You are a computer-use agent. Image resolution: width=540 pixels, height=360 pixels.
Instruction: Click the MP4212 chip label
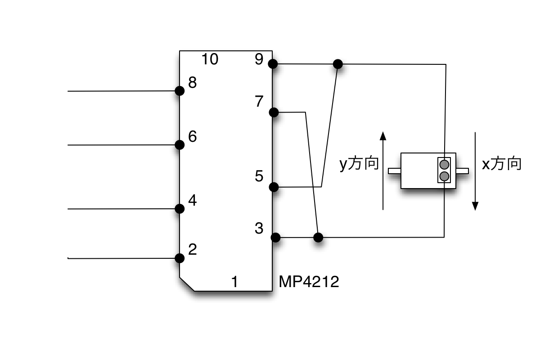pyautogui.click(x=309, y=281)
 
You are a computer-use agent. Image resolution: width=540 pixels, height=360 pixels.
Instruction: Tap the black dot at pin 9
pyautogui.click(x=273, y=64)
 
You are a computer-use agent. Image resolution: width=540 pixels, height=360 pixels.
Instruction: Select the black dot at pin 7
pyautogui.click(x=274, y=112)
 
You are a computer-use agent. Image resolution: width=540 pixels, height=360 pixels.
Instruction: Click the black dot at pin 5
pyautogui.click(x=274, y=187)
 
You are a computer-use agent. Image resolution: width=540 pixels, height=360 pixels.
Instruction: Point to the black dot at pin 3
pyautogui.click(x=275, y=238)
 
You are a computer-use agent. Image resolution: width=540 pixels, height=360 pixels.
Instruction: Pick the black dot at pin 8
pyautogui.click(x=180, y=91)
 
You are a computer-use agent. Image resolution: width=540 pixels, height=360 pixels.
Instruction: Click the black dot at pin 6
pyautogui.click(x=180, y=145)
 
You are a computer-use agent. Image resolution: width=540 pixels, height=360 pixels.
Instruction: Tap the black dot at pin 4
pyautogui.click(x=180, y=209)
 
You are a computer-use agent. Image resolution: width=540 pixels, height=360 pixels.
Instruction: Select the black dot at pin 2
pyautogui.click(x=180, y=258)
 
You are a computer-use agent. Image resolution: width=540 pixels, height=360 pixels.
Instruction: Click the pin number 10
pyautogui.click(x=210, y=59)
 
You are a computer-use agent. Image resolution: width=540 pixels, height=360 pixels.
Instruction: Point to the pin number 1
pyautogui.click(x=235, y=281)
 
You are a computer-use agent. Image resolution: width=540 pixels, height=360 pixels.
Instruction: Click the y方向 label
pyautogui.click(x=359, y=164)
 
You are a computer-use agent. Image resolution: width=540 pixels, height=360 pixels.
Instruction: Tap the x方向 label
pyautogui.click(x=502, y=164)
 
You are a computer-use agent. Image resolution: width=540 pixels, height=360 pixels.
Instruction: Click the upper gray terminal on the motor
pyautogui.click(x=444, y=165)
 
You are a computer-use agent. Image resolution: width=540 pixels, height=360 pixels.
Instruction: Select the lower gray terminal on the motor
pyautogui.click(x=444, y=176)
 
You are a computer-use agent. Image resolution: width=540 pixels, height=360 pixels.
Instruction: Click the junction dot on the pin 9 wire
pyautogui.click(x=338, y=64)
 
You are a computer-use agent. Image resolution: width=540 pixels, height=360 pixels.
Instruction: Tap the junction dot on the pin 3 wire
pyautogui.click(x=318, y=238)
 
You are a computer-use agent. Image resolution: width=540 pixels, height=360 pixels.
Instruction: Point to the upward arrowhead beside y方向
pyautogui.click(x=383, y=136)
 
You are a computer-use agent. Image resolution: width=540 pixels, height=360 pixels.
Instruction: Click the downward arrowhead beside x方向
pyautogui.click(x=475, y=206)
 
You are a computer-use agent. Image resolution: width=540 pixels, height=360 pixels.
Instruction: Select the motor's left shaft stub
pyautogui.click(x=395, y=171)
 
